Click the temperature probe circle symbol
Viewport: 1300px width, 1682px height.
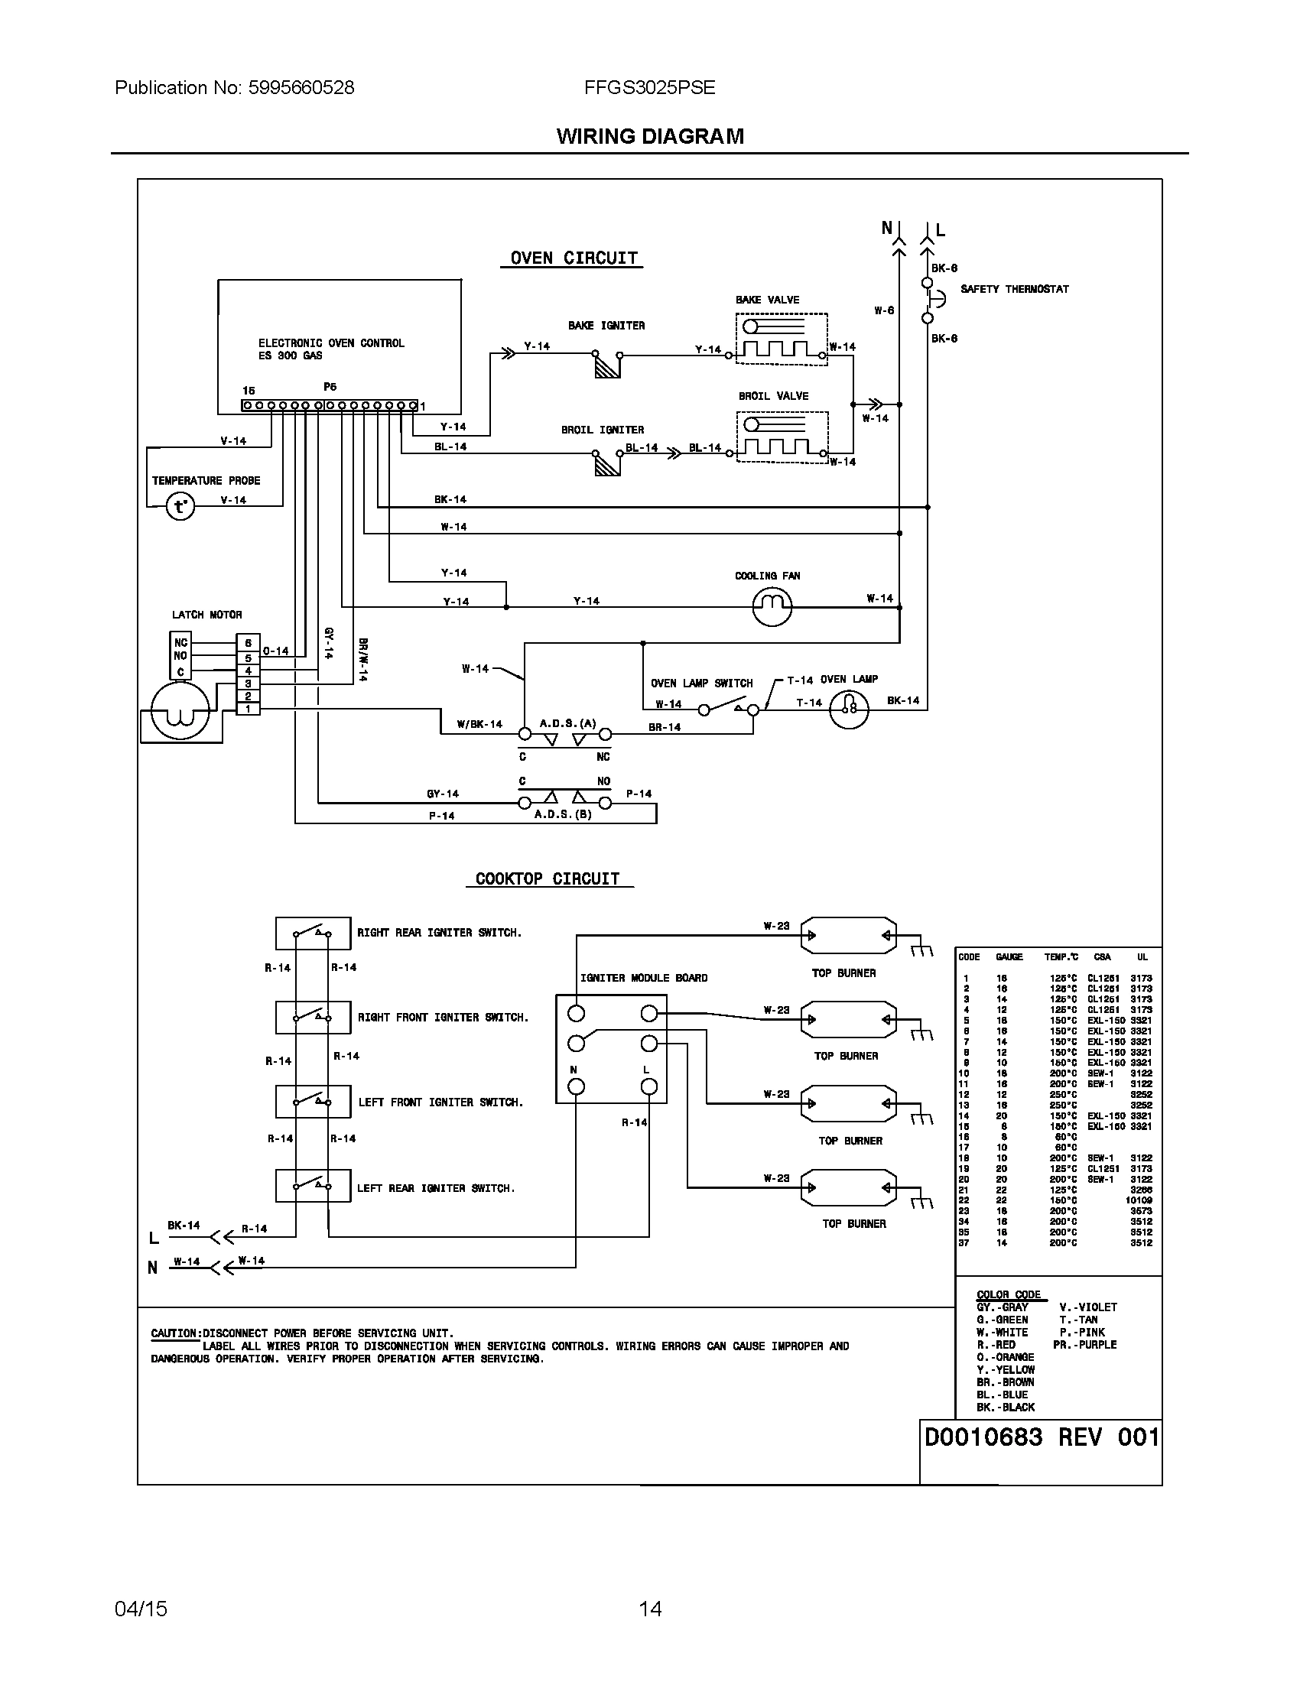coord(180,506)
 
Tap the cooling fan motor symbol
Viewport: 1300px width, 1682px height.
coord(771,607)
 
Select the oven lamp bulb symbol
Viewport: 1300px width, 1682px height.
coord(849,709)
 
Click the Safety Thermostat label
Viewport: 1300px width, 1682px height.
coord(1013,289)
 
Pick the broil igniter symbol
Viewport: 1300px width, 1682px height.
coord(607,463)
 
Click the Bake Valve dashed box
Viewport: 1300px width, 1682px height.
coord(781,339)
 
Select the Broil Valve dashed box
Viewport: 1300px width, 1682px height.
coord(782,437)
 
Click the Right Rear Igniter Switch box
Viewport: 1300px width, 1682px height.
coord(313,934)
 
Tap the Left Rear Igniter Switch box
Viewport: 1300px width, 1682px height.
coord(313,1185)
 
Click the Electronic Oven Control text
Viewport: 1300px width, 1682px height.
coord(330,343)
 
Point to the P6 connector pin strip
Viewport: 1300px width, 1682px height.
coord(330,405)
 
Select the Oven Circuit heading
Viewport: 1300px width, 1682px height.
coord(574,258)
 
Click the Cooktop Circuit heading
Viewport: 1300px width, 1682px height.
coord(548,878)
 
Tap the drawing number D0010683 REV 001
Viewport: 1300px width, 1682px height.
coord(1041,1437)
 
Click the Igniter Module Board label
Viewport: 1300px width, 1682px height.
coord(643,978)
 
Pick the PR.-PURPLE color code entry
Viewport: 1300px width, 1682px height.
coord(1084,1345)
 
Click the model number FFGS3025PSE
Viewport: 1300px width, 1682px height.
coord(649,88)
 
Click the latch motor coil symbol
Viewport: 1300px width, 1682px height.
coord(179,711)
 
